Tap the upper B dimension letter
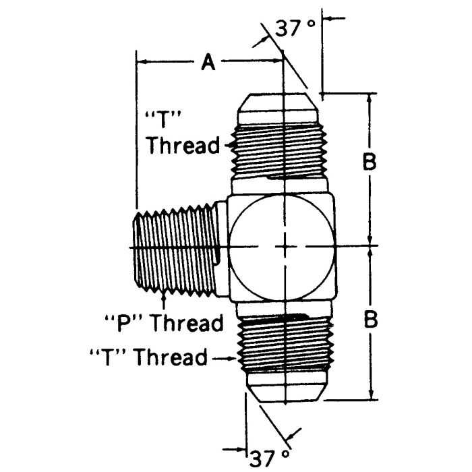(x=370, y=162)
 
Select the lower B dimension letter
(x=370, y=320)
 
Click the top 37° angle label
(x=295, y=28)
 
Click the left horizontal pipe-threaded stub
(x=177, y=247)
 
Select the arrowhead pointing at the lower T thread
(x=235, y=357)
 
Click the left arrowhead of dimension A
(x=141, y=63)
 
